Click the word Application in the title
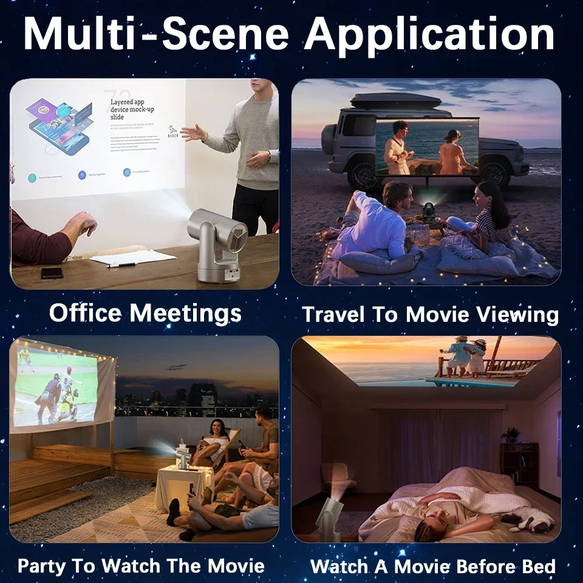430,35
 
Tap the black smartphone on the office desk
52,273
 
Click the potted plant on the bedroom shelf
511,434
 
